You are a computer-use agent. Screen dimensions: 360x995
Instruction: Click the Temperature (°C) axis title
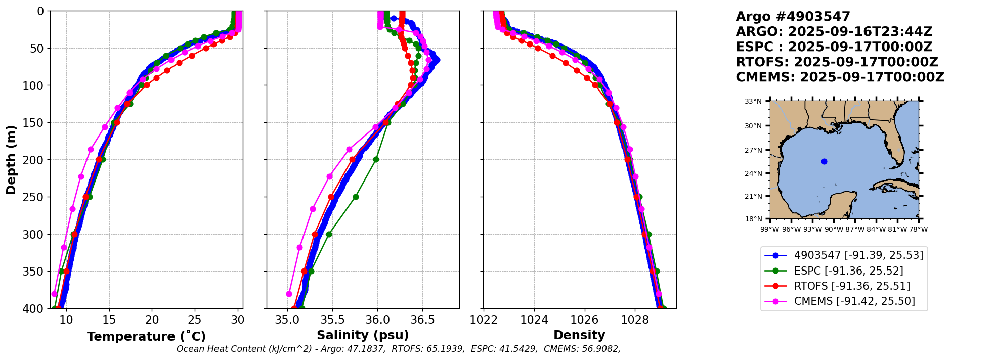tap(146, 336)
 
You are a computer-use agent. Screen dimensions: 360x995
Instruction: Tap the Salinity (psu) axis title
tap(363, 335)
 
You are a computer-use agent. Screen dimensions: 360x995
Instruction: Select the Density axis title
tap(579, 335)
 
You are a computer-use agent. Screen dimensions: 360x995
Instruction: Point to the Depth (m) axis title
tap(11, 160)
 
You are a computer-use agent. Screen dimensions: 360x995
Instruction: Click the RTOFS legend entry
tap(852, 286)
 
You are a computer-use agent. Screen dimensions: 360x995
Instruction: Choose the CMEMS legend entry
tap(854, 301)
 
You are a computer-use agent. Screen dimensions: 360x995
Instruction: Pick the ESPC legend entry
tap(848, 271)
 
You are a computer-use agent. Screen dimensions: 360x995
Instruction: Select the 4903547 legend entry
tap(858, 255)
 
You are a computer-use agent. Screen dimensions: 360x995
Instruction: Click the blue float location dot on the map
tap(824, 161)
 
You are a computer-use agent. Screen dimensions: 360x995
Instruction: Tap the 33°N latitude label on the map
tap(753, 101)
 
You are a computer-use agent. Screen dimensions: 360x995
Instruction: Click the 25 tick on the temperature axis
tap(195, 320)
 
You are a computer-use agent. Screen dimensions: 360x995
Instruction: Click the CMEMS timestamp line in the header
tap(840, 77)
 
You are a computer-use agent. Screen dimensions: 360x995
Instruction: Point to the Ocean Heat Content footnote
tap(398, 349)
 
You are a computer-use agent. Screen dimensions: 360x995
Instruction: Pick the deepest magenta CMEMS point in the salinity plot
tap(289, 294)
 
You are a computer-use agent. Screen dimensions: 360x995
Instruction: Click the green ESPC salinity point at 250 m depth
tap(356, 197)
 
